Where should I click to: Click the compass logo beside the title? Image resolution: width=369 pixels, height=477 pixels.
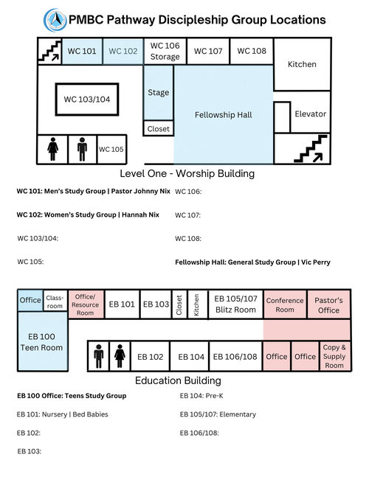click(55, 20)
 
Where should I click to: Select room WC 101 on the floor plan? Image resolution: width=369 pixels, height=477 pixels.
click(82, 51)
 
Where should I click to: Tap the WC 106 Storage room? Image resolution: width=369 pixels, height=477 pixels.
click(165, 51)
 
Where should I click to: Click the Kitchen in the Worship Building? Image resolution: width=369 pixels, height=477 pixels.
click(302, 64)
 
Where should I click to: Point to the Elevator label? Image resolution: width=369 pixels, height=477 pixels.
click(310, 114)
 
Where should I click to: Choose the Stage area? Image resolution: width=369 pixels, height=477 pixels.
click(159, 92)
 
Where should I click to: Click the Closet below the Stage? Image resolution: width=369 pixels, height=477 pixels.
click(159, 129)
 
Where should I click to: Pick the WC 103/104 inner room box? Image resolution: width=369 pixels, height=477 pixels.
click(87, 100)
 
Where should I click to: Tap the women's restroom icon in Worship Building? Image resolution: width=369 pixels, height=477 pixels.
click(53, 149)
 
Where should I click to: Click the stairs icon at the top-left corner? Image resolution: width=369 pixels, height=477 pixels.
click(49, 51)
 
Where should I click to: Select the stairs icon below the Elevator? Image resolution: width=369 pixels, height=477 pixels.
click(311, 149)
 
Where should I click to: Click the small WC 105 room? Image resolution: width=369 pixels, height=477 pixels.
click(111, 150)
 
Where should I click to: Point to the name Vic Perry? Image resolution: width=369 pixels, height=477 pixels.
click(316, 262)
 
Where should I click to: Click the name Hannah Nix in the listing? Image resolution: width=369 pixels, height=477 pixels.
click(140, 215)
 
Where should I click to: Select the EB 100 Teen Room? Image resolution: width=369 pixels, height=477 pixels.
click(42, 342)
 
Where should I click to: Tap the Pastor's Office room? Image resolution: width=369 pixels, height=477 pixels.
click(329, 305)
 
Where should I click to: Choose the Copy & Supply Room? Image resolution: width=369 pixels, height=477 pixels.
click(334, 356)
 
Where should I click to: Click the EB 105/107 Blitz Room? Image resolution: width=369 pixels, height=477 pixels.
click(235, 304)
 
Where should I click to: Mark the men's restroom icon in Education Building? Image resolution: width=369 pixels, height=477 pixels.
click(98, 356)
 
